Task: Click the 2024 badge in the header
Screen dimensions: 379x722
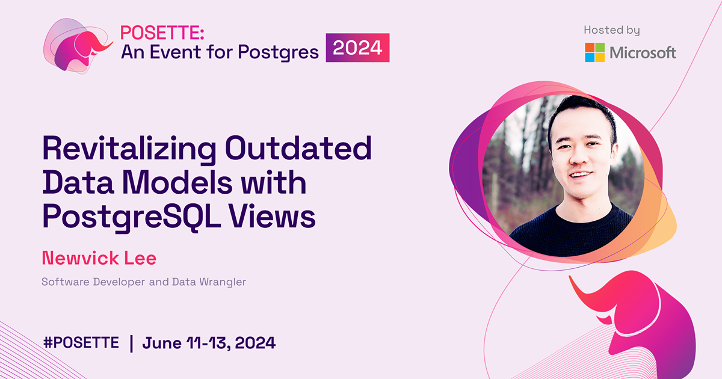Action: pyautogui.click(x=357, y=48)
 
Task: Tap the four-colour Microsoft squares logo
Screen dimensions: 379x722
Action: pyautogui.click(x=595, y=52)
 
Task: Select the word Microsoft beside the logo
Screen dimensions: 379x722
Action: pyautogui.click(x=643, y=53)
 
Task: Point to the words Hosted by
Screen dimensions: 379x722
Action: pyautogui.click(x=611, y=29)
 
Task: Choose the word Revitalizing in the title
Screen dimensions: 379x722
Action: pyautogui.click(x=128, y=149)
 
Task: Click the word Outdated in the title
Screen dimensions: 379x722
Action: pyautogui.click(x=298, y=149)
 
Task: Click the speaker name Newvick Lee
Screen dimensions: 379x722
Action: pyautogui.click(x=99, y=258)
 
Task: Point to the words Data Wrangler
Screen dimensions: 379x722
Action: pyautogui.click(x=217, y=282)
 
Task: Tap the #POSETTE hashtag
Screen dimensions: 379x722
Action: pyautogui.click(x=81, y=343)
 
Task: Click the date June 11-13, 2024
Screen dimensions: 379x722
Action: pyautogui.click(x=209, y=343)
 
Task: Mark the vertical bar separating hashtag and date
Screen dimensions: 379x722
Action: pyautogui.click(x=131, y=343)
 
